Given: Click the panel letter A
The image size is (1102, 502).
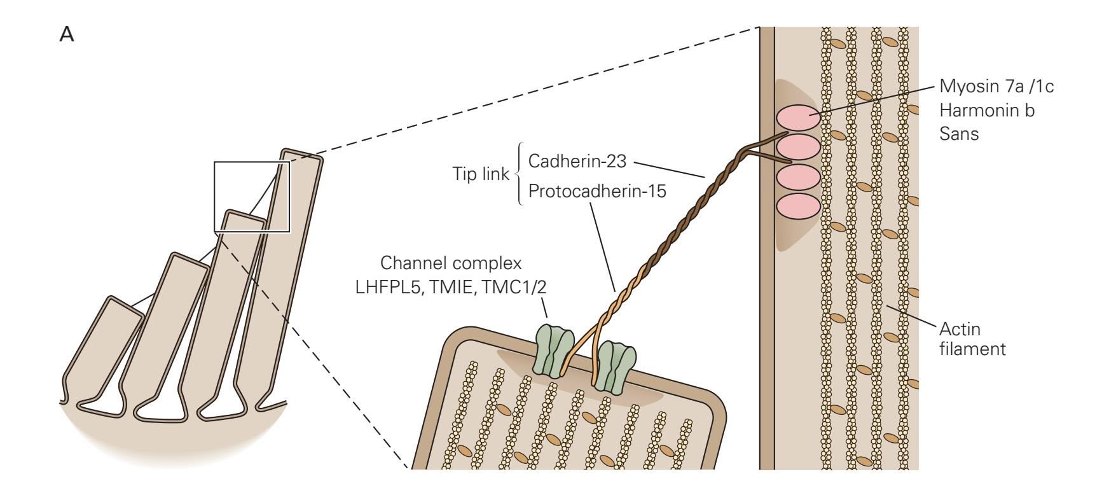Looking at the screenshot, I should [x=67, y=35].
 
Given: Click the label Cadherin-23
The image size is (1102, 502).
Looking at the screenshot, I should [x=577, y=161].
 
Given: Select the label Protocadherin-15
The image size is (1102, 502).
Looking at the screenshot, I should [x=597, y=191].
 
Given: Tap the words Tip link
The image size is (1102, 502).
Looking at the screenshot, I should [x=481, y=174].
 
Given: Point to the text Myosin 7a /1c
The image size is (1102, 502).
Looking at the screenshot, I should [x=996, y=87].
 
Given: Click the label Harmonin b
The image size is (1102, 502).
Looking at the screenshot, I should [x=987, y=111].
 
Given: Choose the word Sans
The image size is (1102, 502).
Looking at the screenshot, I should [x=959, y=134].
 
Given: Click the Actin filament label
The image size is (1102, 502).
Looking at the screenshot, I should [x=972, y=339].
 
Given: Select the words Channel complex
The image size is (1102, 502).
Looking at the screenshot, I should [x=451, y=263].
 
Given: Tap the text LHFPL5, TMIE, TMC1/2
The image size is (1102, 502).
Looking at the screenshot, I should [x=451, y=288].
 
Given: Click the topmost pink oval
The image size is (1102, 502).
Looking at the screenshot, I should [x=797, y=119].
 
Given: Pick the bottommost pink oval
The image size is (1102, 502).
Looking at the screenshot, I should [x=797, y=207].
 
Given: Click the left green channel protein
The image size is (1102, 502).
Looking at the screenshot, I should [x=551, y=349].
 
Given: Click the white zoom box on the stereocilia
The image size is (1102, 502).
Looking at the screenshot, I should [x=252, y=196].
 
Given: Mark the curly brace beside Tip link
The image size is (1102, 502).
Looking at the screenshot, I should [x=519, y=174].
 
